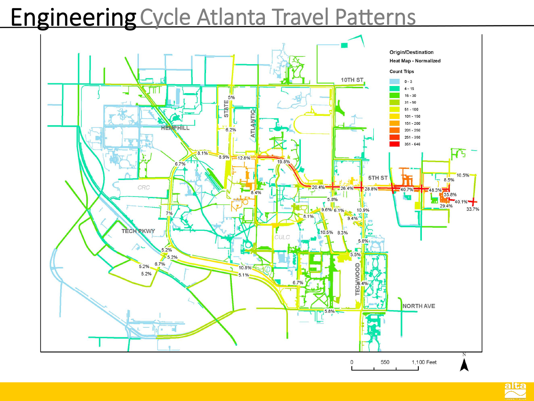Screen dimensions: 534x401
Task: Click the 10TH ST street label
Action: pos(352,80)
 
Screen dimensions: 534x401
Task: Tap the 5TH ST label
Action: pos(378,178)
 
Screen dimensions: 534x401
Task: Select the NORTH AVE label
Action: pos(419,306)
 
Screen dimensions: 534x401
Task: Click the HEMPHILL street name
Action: pos(175,128)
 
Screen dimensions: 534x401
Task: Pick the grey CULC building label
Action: pos(282,237)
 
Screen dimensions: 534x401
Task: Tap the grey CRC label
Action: pos(144,188)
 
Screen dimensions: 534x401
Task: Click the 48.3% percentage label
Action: pos(435,190)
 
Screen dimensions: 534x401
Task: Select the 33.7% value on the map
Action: pos(473,209)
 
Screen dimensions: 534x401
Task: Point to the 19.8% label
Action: pos(283,162)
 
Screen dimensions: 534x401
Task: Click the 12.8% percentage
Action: pos(244,158)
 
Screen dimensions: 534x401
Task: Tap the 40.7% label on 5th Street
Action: pos(407,189)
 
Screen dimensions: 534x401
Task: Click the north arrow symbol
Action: pos(464,364)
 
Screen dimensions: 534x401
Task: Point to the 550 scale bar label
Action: pos(385,362)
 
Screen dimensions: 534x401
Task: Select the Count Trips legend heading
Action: pos(402,71)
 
